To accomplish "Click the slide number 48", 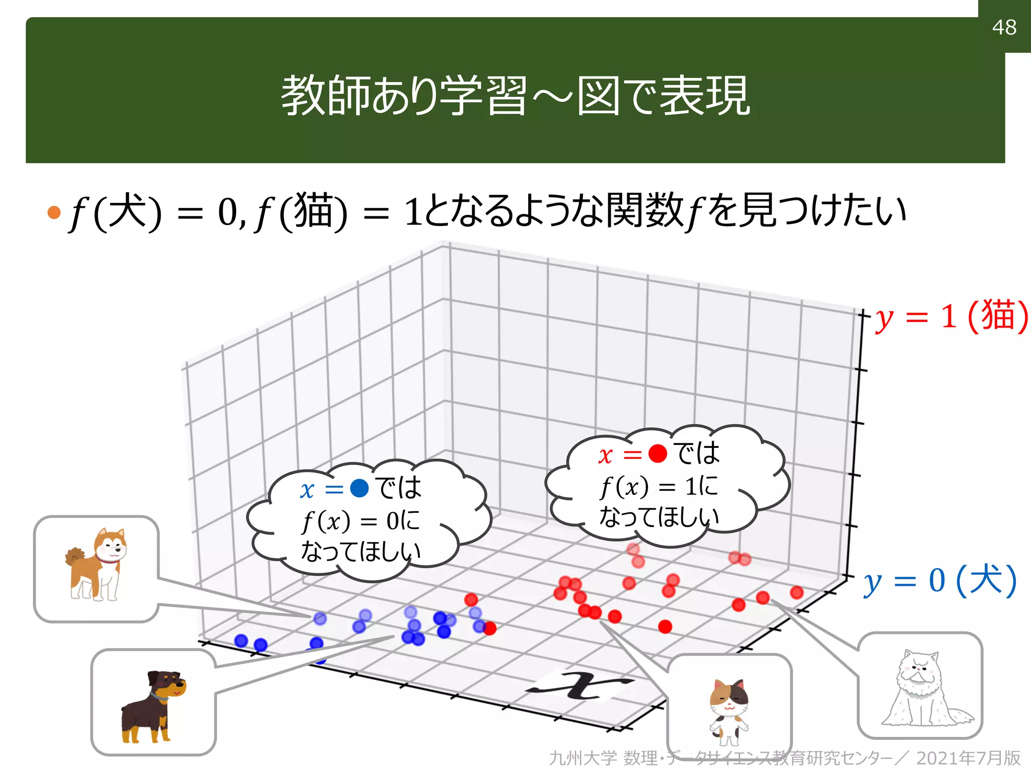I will click(1004, 27).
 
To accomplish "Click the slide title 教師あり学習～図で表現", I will click(515, 96).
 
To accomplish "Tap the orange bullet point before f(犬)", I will click(54, 212).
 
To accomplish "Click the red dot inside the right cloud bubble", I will click(657, 453).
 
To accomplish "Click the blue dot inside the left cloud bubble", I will click(359, 488).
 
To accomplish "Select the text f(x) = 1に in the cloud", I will click(658, 486).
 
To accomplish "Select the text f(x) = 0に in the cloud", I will click(360, 521).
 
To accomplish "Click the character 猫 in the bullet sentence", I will click(313, 211).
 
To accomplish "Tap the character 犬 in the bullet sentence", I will click(128, 211).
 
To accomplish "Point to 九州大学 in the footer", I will click(582, 758).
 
